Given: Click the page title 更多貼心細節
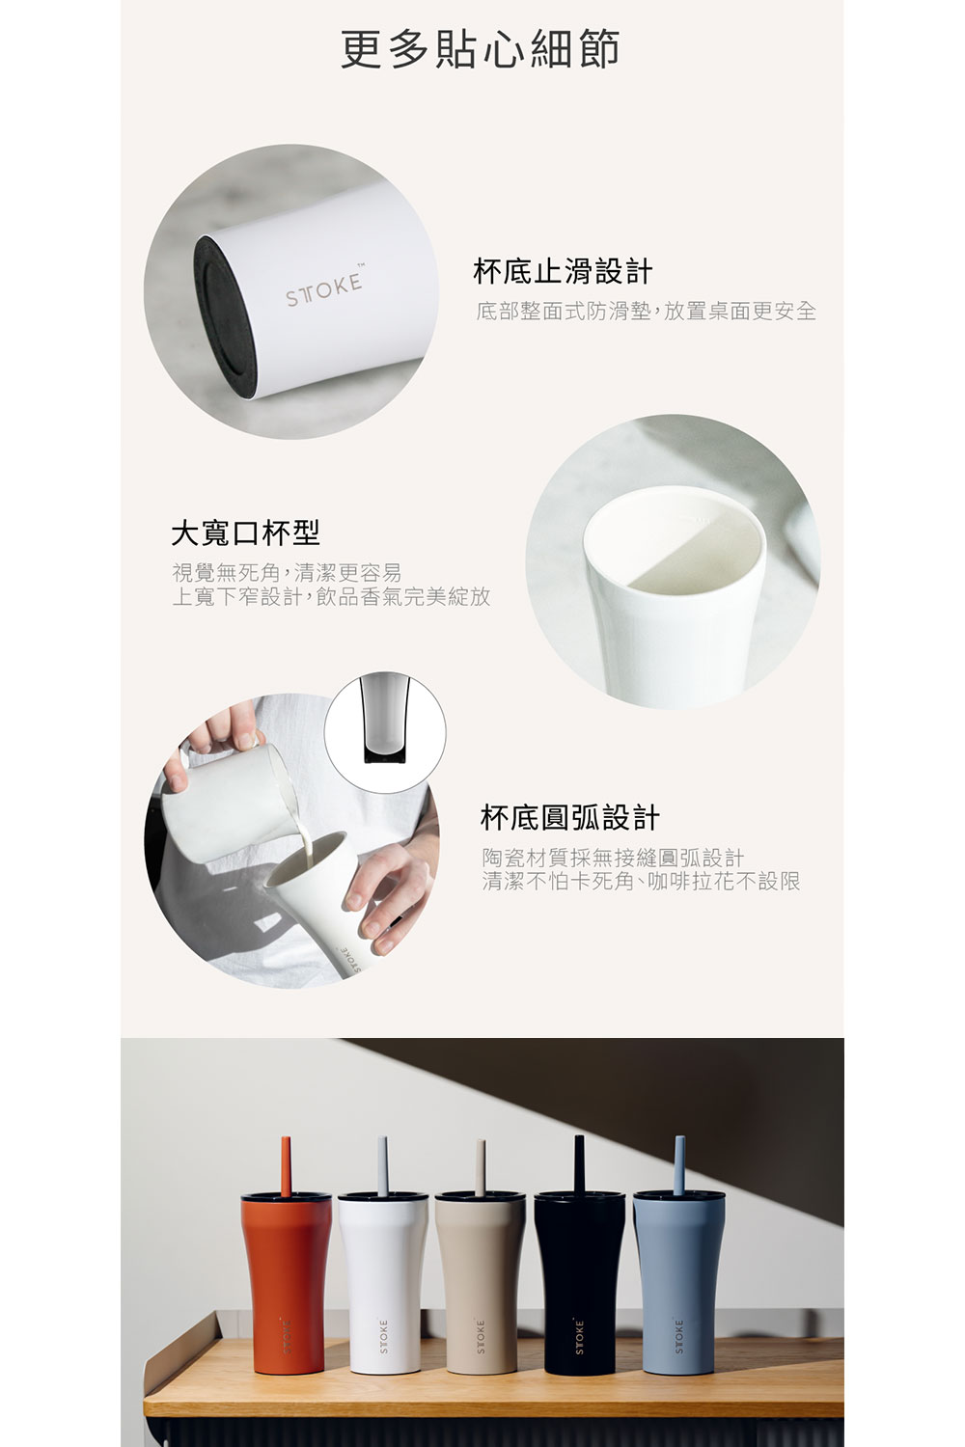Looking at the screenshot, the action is pyautogui.click(x=481, y=48).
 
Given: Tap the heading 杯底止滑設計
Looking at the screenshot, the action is pyautogui.click(x=563, y=271).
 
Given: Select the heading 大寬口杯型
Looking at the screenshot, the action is pyautogui.click(x=246, y=532).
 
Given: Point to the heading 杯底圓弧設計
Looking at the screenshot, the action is pyautogui.click(x=570, y=817).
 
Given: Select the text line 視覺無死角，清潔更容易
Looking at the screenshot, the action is pyautogui.click(x=287, y=572).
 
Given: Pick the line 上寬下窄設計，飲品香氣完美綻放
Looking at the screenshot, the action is pyautogui.click(x=332, y=597).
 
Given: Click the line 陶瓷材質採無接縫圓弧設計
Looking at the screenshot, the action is pyautogui.click(x=614, y=858).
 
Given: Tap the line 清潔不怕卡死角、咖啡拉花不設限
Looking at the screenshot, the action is pyautogui.click(x=641, y=881).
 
